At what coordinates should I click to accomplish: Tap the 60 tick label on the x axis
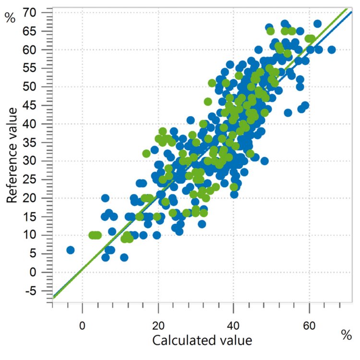309,318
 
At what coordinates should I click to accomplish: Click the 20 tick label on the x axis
158,318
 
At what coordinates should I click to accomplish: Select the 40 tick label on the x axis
233,318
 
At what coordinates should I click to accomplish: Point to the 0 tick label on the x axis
83,318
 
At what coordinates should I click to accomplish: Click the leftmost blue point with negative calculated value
71,250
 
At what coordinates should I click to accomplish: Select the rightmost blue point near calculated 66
331,49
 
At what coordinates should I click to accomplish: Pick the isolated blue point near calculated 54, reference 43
288,113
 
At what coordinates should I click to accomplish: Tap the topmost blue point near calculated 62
317,24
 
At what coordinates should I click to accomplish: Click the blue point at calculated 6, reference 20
106,198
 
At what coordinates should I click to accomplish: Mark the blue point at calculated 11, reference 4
124,257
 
